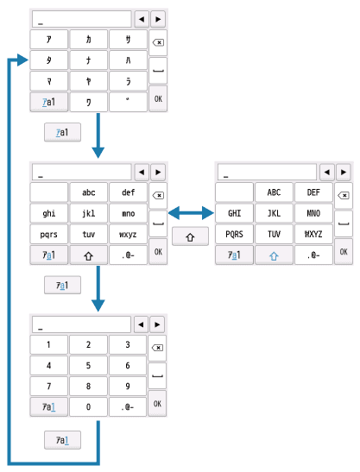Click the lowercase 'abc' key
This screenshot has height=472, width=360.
(x=88, y=192)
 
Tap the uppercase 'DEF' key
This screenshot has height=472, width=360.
(x=313, y=192)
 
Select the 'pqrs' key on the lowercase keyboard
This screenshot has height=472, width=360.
(x=48, y=233)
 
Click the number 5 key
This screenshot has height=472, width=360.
(x=88, y=365)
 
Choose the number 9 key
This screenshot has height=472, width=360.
(x=128, y=386)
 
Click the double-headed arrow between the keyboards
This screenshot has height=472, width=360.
(x=191, y=213)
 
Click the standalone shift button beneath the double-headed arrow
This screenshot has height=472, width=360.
(x=191, y=236)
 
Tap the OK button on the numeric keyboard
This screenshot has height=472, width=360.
(x=158, y=402)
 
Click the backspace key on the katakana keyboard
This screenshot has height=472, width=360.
(x=158, y=41)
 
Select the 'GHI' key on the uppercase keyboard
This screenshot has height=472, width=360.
(x=234, y=212)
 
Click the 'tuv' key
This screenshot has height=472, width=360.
(x=88, y=233)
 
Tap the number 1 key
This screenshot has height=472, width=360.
(x=48, y=344)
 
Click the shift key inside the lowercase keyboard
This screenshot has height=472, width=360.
(x=88, y=255)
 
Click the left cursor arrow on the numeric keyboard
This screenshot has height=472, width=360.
(x=141, y=324)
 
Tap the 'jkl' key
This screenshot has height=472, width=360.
(x=88, y=212)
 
